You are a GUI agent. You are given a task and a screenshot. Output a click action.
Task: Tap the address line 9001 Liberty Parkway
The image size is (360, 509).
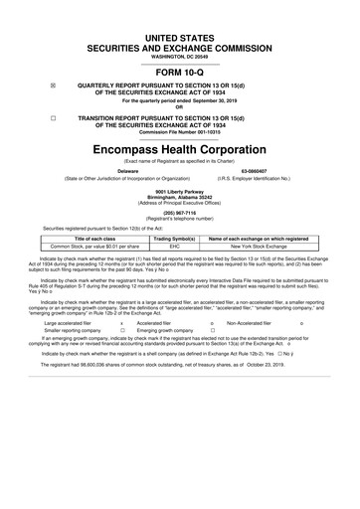pyautogui.click(x=179, y=189)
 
